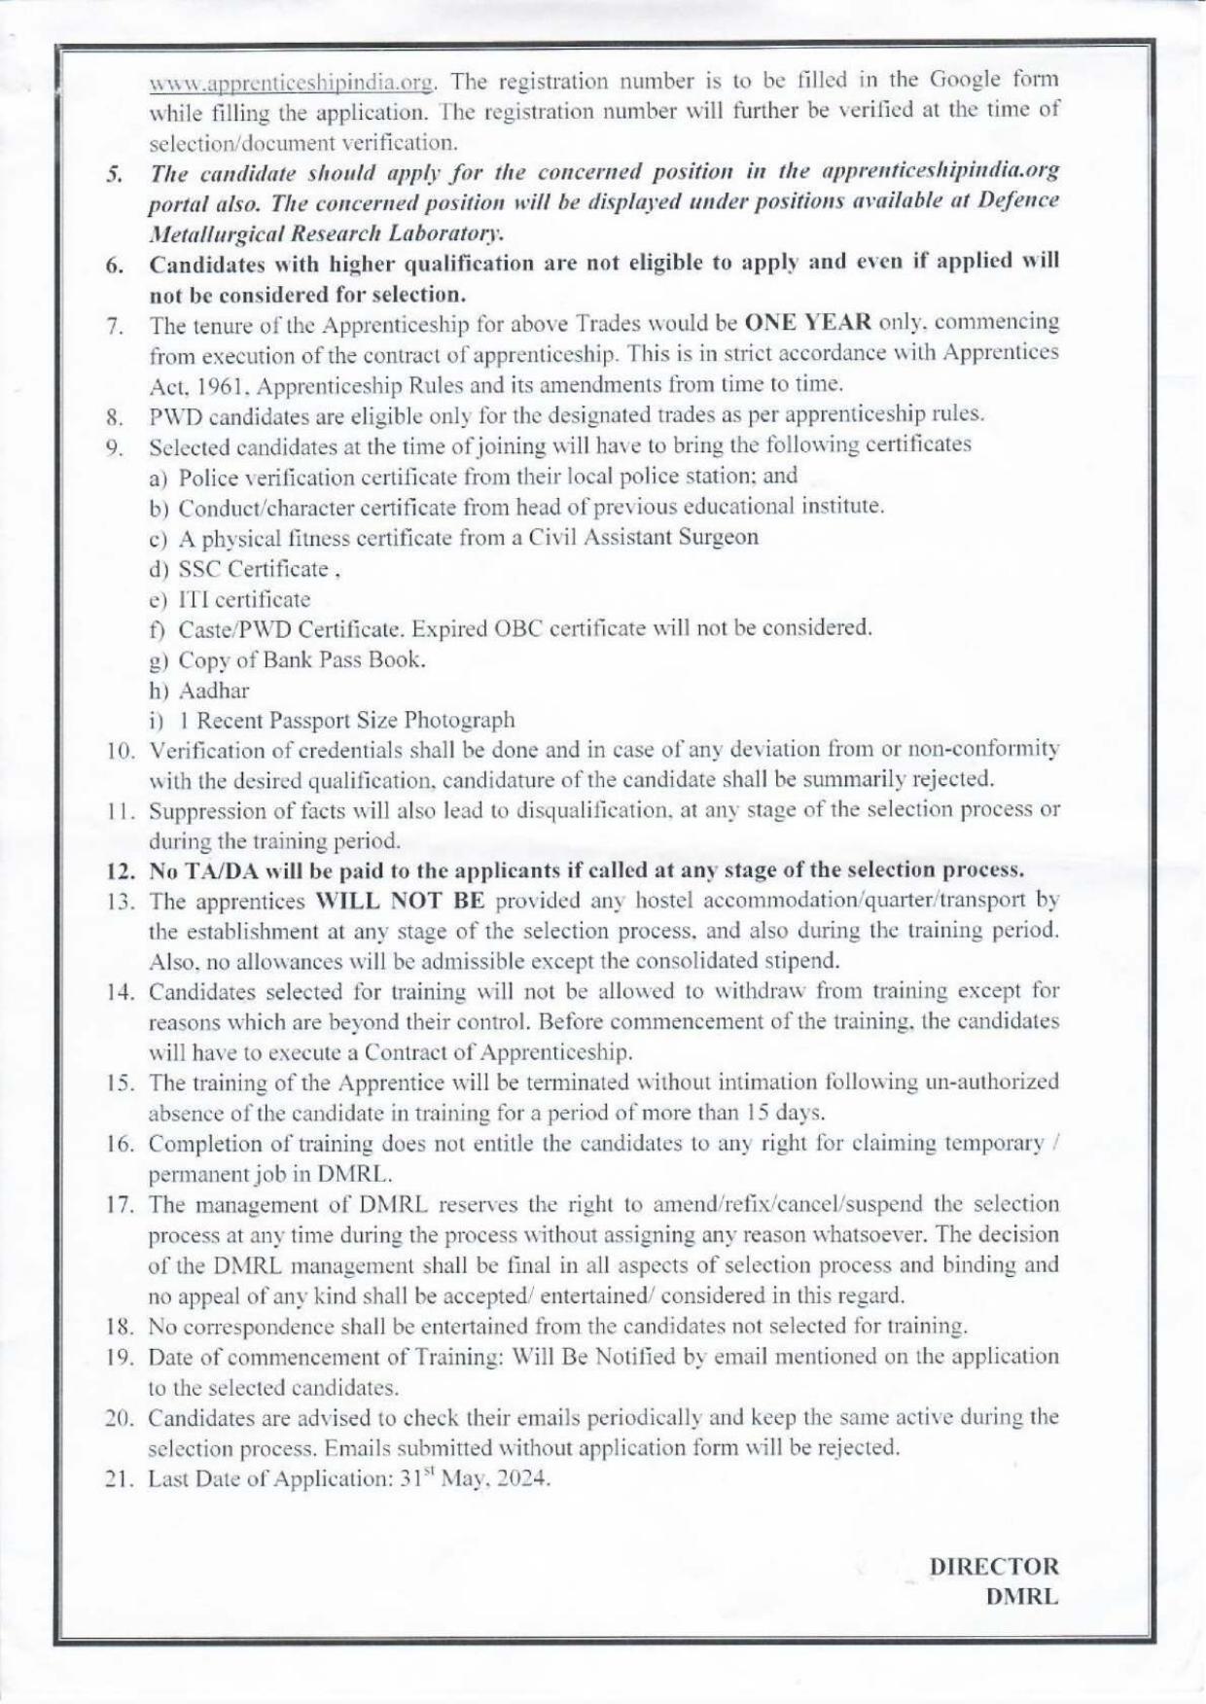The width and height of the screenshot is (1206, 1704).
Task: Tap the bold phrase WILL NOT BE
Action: pos(395,901)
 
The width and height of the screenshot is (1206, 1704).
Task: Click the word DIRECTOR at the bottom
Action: pos(993,1567)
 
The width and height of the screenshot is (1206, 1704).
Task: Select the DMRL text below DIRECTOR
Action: pos(1021,1597)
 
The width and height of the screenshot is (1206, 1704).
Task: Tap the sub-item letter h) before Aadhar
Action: pos(159,691)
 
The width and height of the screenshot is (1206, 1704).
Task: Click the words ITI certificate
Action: pos(244,599)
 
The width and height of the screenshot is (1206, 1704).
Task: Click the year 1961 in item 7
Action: pos(204,384)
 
